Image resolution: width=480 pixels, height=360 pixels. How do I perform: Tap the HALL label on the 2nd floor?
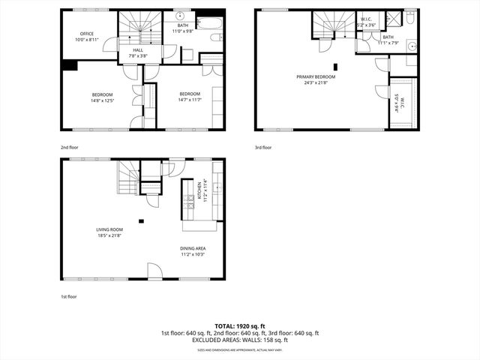pos(138,50)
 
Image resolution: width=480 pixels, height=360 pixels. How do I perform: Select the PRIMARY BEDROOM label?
pos(316,77)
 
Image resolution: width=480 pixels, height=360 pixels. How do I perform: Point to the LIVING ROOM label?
pos(109,230)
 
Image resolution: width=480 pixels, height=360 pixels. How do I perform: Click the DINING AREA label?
pos(193,248)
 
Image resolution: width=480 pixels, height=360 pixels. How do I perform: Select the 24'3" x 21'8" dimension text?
pos(316,83)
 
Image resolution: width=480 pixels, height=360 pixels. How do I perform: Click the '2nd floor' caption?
pos(70,148)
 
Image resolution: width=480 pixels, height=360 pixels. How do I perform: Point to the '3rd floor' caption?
pos(263,148)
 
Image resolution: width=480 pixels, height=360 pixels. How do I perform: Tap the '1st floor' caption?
pos(69,297)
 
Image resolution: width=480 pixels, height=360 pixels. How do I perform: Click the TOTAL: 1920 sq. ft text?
pos(239,326)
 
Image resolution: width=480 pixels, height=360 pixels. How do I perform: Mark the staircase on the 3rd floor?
pos(328,24)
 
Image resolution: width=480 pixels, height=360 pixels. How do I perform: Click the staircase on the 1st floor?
pos(126,178)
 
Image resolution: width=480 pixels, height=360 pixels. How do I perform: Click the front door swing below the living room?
pos(153,271)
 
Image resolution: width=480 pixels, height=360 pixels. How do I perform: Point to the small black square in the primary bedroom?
pos(335,66)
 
